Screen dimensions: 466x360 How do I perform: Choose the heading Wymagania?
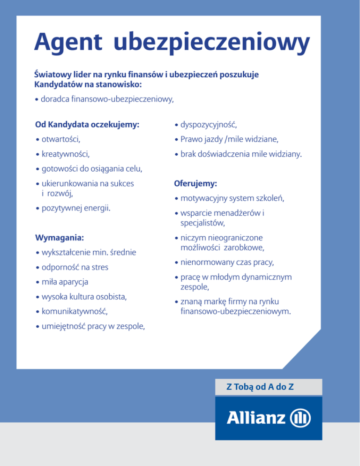coord(59,238)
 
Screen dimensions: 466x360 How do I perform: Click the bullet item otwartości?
coord(60,139)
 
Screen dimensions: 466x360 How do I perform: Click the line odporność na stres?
coord(77,268)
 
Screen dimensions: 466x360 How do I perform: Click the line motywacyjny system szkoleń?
coord(232,199)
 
